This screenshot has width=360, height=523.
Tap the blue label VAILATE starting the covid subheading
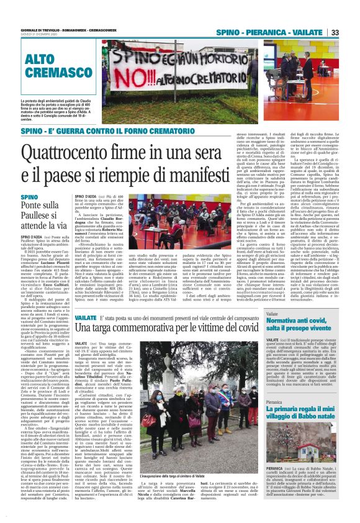(86, 317)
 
